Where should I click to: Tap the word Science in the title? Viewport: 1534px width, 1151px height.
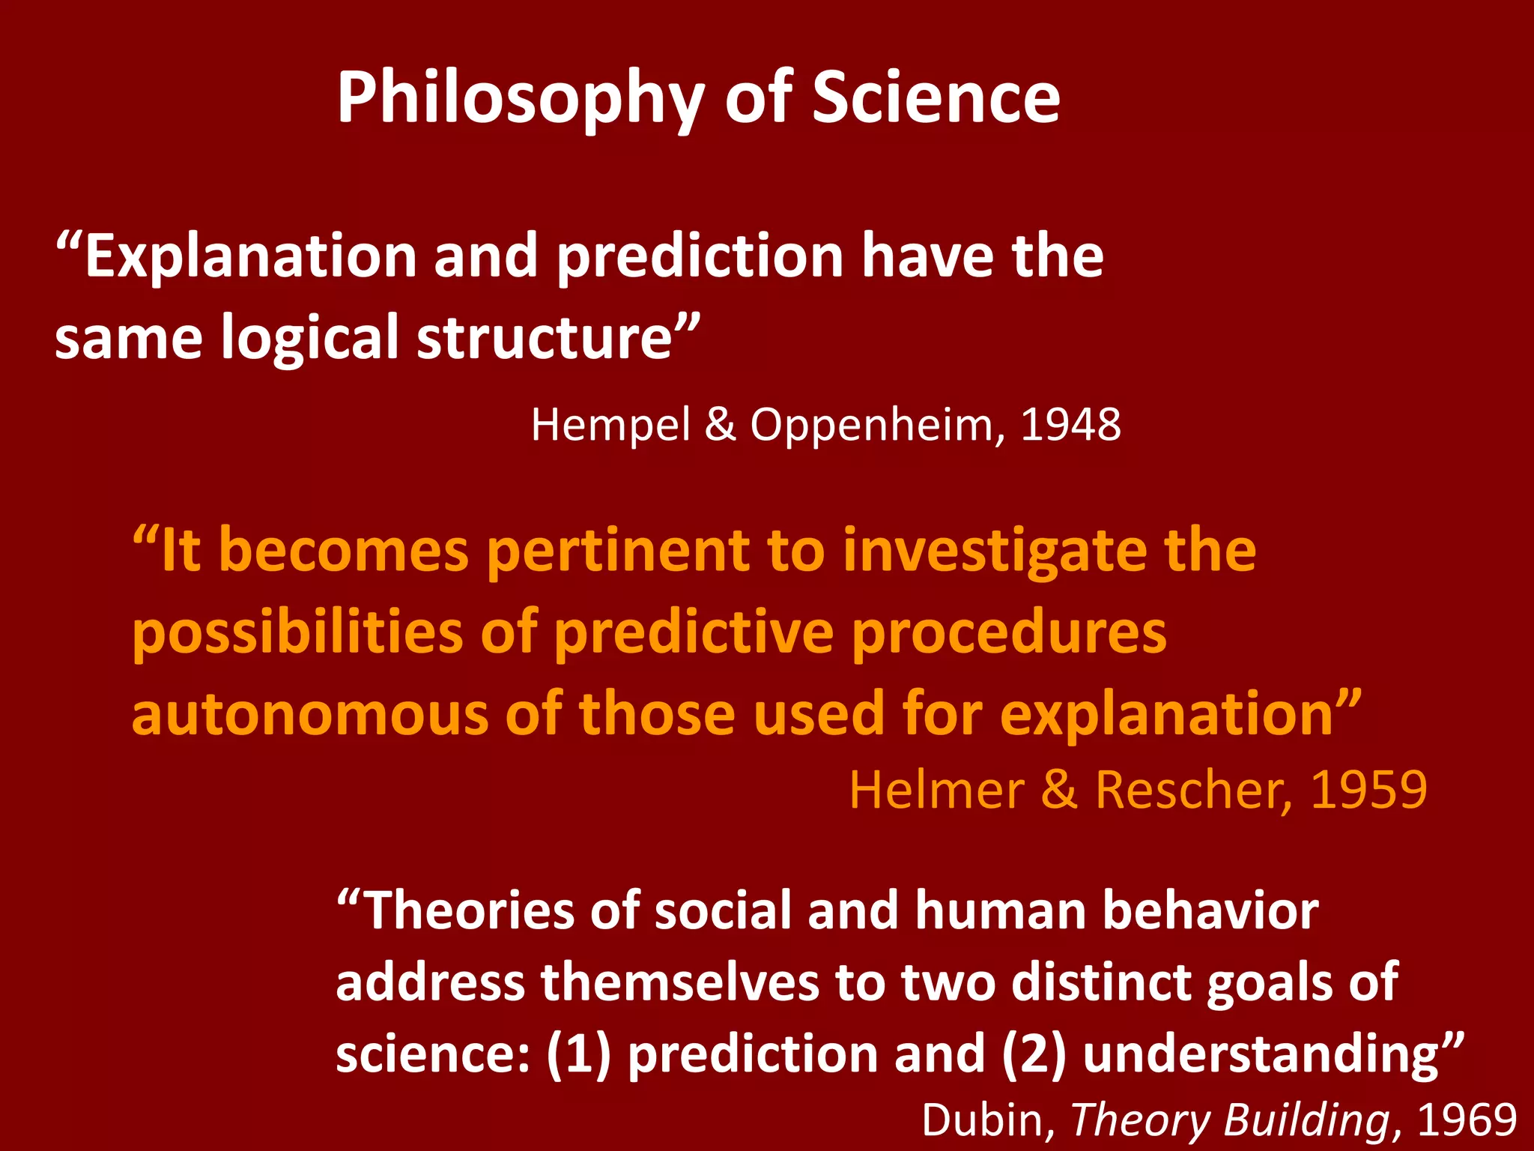[936, 97]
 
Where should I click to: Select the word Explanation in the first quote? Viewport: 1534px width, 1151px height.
[250, 256]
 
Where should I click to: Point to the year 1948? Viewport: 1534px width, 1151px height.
[1070, 425]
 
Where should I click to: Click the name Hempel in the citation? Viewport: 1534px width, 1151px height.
[610, 426]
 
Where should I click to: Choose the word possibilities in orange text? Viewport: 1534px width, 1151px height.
[298, 633]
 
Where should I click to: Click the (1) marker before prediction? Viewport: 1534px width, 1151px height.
[578, 1054]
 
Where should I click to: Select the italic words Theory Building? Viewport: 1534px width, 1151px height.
[1230, 1120]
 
